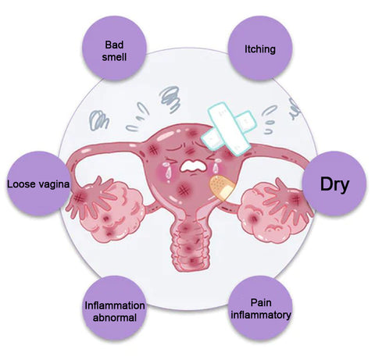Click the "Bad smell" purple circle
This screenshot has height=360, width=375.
coord(114,48)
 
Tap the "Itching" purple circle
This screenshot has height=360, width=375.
coord(260,48)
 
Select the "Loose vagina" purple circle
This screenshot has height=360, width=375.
coord(38,184)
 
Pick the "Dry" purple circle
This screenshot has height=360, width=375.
coord(334,184)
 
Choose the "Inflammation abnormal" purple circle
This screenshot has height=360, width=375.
coord(114,308)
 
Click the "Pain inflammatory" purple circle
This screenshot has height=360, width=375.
coord(260,308)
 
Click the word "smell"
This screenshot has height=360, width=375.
coord(114,57)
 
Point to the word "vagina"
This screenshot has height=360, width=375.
coord(54,185)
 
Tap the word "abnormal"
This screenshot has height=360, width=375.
coord(115,318)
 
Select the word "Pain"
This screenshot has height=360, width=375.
coord(261,302)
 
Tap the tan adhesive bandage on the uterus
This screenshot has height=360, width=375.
coord(222,187)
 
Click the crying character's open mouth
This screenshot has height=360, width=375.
coord(193,166)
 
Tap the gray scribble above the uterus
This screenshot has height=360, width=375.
coord(170,99)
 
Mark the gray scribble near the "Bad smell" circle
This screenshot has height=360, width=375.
coord(98,120)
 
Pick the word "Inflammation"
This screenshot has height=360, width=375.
coord(115,305)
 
